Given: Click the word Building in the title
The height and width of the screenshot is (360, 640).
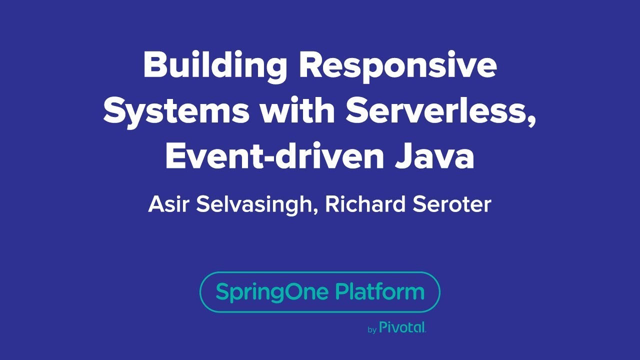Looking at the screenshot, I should [x=215, y=66].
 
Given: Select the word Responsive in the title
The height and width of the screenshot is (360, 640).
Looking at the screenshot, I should [x=398, y=66].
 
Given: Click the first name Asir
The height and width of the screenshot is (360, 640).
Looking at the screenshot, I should [x=168, y=204].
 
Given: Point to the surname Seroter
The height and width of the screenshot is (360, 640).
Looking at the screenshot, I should [x=452, y=204].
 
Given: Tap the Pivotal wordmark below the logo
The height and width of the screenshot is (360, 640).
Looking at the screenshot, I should [x=402, y=327].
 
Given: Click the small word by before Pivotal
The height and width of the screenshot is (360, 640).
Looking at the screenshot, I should [x=372, y=330].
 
